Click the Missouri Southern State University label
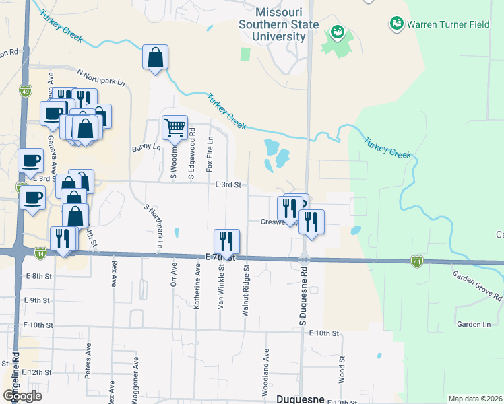(x=281, y=24)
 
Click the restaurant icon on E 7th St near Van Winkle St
(x=226, y=241)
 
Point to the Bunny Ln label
(x=147, y=147)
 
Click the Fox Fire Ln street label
(x=210, y=153)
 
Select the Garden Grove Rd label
(x=478, y=286)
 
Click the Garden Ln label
(x=474, y=325)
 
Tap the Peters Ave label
(x=88, y=362)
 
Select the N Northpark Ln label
(x=101, y=77)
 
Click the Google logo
(x=23, y=396)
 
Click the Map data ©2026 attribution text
(x=475, y=399)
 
